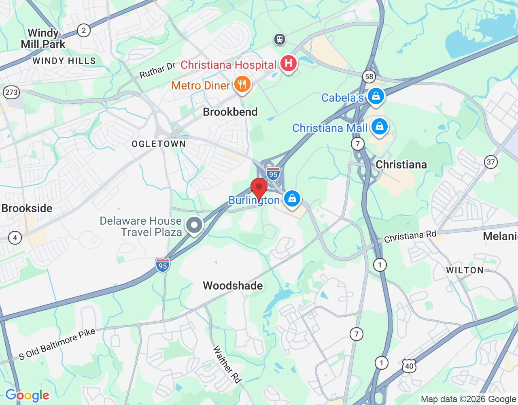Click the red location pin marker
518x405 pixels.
click(x=259, y=188)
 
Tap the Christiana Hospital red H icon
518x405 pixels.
click(x=288, y=64)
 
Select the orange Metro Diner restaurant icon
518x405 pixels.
click(x=242, y=85)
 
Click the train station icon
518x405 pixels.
click(x=279, y=39)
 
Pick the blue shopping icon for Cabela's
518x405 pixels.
click(x=376, y=96)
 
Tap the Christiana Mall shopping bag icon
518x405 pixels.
click(x=379, y=127)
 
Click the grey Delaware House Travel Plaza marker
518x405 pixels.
click(x=194, y=225)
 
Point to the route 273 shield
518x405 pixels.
click(x=11, y=92)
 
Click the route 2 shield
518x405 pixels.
click(x=84, y=30)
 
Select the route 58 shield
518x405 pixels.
click(x=369, y=77)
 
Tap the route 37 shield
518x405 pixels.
click(x=491, y=162)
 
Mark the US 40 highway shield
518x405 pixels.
click(x=409, y=366)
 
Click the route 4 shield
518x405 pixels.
click(x=15, y=238)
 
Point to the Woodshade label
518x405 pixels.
click(x=233, y=286)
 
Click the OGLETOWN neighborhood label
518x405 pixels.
click(x=159, y=144)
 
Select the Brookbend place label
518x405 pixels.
click(x=230, y=112)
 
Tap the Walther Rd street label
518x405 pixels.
click(x=227, y=364)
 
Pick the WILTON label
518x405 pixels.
click(x=465, y=270)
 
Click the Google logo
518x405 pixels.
click(x=28, y=395)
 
